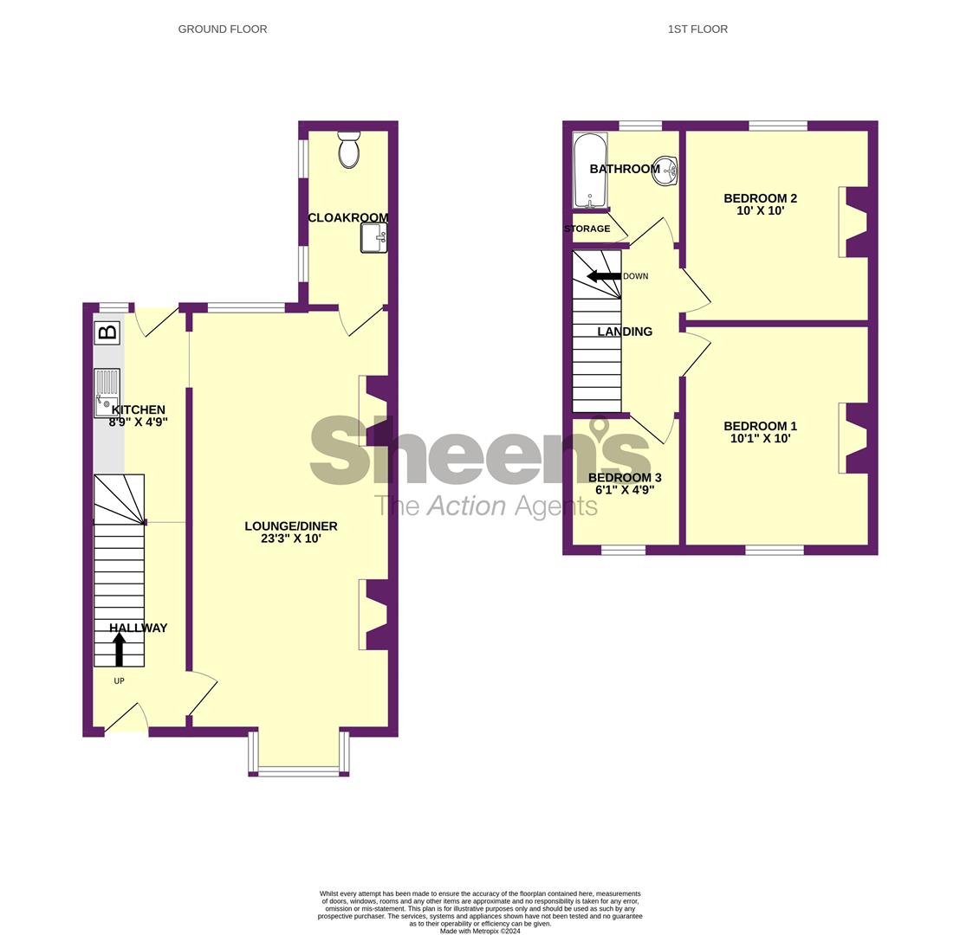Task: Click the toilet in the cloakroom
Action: point(348,151)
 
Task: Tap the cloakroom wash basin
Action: point(374,237)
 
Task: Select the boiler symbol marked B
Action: point(107,332)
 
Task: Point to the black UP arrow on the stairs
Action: point(120,649)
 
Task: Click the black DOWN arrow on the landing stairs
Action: point(604,276)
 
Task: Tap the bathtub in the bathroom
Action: point(590,170)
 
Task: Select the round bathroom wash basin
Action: point(665,171)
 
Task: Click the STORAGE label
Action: point(587,229)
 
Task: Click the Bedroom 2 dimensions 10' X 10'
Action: point(760,210)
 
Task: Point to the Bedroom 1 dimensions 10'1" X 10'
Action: point(760,438)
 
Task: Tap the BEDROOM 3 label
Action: point(624,478)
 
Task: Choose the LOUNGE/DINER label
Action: point(290,526)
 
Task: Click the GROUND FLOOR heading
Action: point(223,29)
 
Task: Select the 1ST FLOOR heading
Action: point(697,29)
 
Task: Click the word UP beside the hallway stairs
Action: point(119,681)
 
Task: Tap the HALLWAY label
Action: point(138,629)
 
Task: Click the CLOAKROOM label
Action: point(347,218)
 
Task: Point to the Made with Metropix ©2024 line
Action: point(480,932)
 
